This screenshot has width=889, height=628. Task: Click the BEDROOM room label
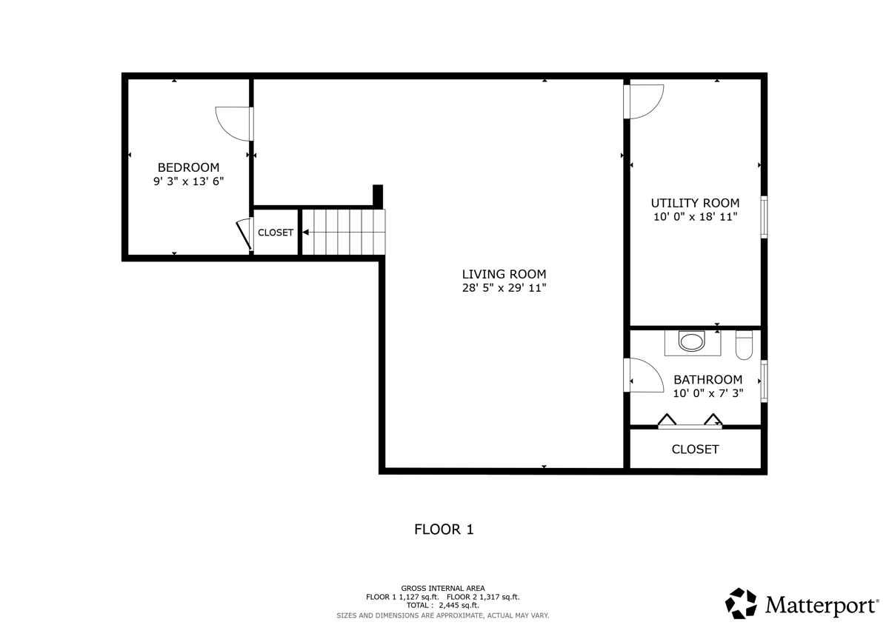point(188,167)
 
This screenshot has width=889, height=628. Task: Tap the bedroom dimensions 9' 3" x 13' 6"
point(188,181)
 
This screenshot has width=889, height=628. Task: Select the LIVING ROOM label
point(504,274)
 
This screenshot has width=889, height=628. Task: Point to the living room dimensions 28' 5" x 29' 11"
point(504,288)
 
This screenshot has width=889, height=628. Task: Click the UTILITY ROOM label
point(695,203)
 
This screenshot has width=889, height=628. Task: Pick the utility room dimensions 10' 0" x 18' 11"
point(695,217)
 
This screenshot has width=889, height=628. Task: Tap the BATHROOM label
point(707,379)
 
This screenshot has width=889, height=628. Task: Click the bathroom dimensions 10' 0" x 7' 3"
point(707,393)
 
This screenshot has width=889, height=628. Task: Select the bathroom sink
point(693,342)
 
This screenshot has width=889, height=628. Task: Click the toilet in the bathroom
point(744,345)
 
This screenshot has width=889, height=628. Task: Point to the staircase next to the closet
point(344,232)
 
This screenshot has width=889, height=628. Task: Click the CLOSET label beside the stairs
point(276,233)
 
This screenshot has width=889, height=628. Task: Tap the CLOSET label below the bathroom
point(695,450)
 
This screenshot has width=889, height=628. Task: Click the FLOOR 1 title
point(443,530)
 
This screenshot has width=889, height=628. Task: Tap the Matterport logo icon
point(741,604)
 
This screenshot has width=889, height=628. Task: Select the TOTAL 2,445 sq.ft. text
point(442,606)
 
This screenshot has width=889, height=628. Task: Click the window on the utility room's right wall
point(764,217)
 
